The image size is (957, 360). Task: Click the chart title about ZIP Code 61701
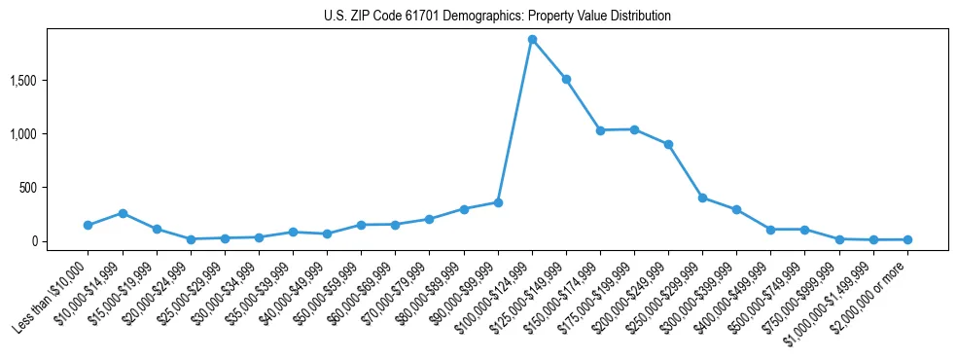click(x=497, y=16)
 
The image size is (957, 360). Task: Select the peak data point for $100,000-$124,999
click(x=532, y=40)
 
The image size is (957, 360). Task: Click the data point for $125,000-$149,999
click(x=566, y=79)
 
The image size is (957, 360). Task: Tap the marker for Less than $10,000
click(x=88, y=225)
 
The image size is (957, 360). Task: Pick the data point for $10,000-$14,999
click(x=123, y=213)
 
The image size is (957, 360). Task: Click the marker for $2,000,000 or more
click(x=907, y=239)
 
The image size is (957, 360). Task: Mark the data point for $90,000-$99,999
click(x=498, y=202)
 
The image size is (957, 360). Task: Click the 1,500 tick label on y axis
click(x=23, y=80)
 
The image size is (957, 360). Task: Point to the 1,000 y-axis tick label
click(x=23, y=133)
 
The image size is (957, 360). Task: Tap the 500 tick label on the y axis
click(x=27, y=187)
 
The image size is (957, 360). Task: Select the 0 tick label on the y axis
click(x=33, y=241)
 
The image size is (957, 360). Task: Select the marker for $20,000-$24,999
click(x=191, y=239)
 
